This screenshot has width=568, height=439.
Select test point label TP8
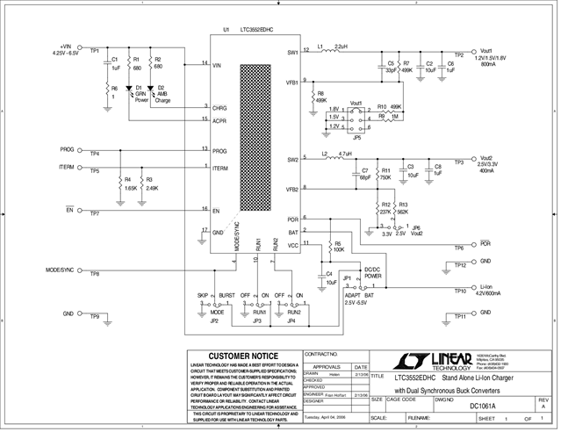coord(94,274)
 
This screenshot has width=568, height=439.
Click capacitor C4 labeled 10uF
coord(330,277)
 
